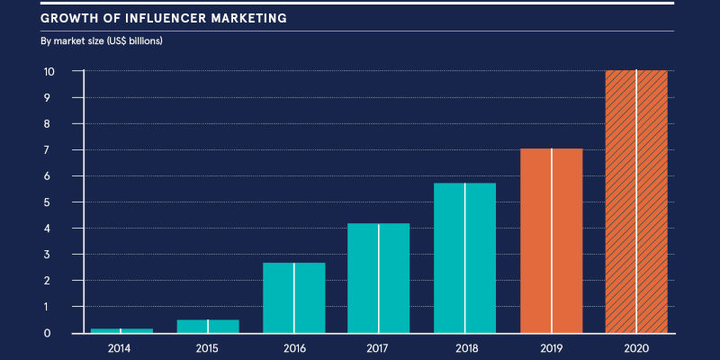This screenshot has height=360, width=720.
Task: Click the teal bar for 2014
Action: tap(121, 330)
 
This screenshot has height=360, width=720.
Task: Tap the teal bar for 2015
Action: tap(208, 326)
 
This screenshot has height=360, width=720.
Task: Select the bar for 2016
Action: tap(294, 298)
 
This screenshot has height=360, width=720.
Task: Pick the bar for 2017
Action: tap(379, 278)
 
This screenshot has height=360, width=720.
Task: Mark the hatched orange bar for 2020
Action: tap(636, 202)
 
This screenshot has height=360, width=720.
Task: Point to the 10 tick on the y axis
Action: tap(49, 71)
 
